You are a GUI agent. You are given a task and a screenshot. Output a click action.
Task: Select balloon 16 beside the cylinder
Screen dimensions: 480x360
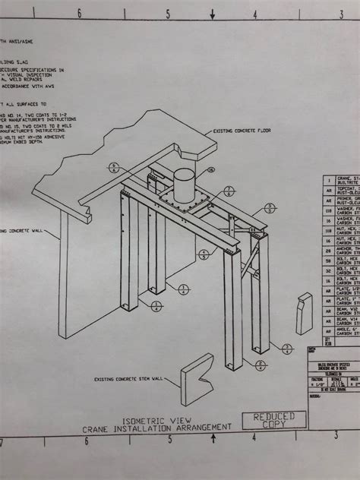coord(211,169)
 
